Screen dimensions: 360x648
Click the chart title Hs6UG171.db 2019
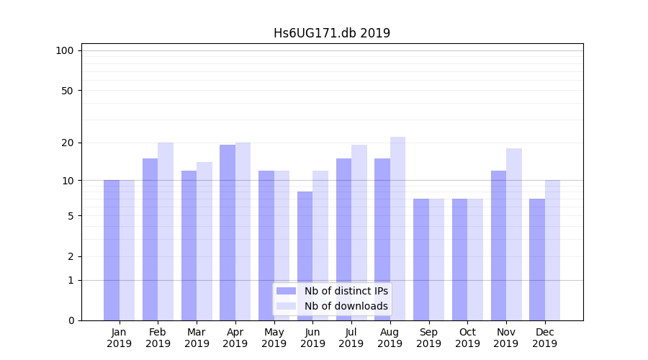coord(332,33)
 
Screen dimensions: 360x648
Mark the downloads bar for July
coord(359,233)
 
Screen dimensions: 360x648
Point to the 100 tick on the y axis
coord(65,50)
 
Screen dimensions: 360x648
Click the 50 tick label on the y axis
coord(67,91)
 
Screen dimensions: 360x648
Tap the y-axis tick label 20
coord(67,143)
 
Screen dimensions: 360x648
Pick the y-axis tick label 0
coord(71,320)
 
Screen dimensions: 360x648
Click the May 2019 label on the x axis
coord(274,338)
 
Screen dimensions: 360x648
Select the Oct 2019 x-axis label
coord(467,338)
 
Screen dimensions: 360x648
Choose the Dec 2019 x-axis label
coord(544,338)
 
